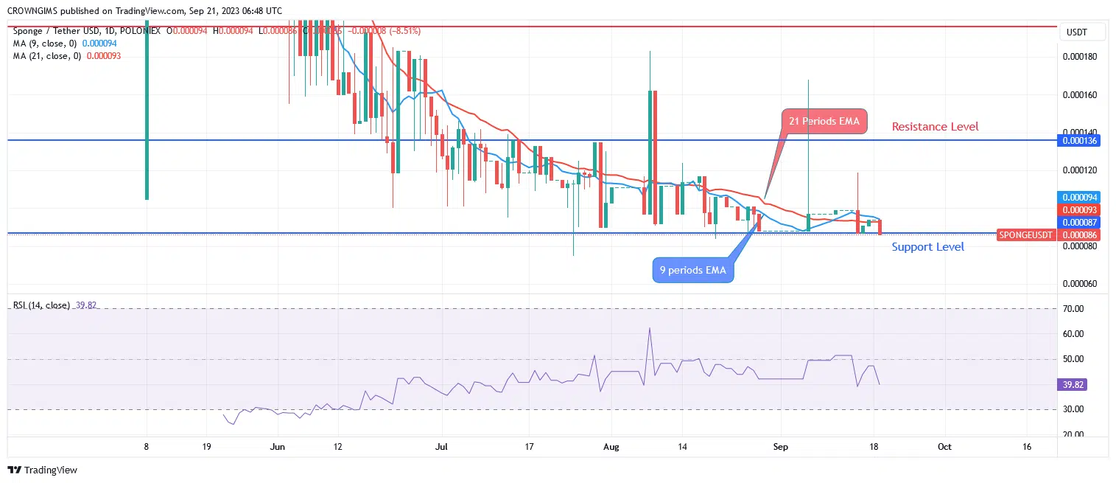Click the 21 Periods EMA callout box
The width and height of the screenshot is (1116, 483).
(x=824, y=122)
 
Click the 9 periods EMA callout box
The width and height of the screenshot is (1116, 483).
(x=692, y=270)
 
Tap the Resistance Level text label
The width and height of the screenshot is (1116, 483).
(x=935, y=127)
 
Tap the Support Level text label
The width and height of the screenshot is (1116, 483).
(x=927, y=247)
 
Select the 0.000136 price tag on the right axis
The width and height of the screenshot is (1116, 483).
(x=1078, y=140)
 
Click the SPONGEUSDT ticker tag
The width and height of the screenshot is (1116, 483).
(x=1026, y=235)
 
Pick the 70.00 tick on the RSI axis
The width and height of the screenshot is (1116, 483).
(x=1074, y=309)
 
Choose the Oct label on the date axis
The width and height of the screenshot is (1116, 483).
(x=945, y=447)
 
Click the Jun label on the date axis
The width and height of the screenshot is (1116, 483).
(x=278, y=447)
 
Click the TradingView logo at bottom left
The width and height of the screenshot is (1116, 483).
(x=43, y=470)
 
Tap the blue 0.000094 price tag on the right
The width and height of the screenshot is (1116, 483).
(x=1078, y=198)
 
